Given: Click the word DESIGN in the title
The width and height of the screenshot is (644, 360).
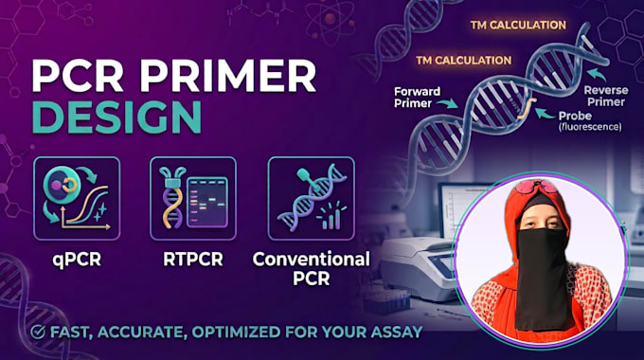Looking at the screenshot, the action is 116,117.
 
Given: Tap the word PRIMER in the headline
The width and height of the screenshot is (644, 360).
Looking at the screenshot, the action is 228,76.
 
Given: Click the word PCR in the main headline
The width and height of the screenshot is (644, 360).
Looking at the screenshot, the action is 78,76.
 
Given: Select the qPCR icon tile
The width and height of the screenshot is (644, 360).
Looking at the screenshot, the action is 77,199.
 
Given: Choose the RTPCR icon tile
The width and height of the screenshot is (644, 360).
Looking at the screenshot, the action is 193,199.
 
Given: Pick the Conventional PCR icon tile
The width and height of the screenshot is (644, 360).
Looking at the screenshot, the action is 311,199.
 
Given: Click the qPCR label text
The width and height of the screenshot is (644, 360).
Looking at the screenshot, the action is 77,260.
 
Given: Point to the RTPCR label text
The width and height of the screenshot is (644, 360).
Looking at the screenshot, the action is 193,260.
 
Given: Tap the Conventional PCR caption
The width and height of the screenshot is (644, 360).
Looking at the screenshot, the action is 311,269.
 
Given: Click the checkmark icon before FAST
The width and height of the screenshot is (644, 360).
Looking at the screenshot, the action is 38,332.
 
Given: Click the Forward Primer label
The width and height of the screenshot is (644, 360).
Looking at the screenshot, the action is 417,98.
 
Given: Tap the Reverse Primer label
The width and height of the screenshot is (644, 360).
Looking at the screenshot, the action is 606,96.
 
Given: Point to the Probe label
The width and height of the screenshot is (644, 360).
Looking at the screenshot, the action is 575,116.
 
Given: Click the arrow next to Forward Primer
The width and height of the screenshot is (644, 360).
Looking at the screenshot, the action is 448,102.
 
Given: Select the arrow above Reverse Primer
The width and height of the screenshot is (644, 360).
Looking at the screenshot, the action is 597,74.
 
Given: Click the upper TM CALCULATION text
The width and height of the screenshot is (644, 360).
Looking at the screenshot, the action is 518,25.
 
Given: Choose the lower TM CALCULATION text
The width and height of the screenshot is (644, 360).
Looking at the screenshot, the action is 464,61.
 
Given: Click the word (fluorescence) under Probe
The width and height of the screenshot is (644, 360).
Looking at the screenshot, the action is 590,127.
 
